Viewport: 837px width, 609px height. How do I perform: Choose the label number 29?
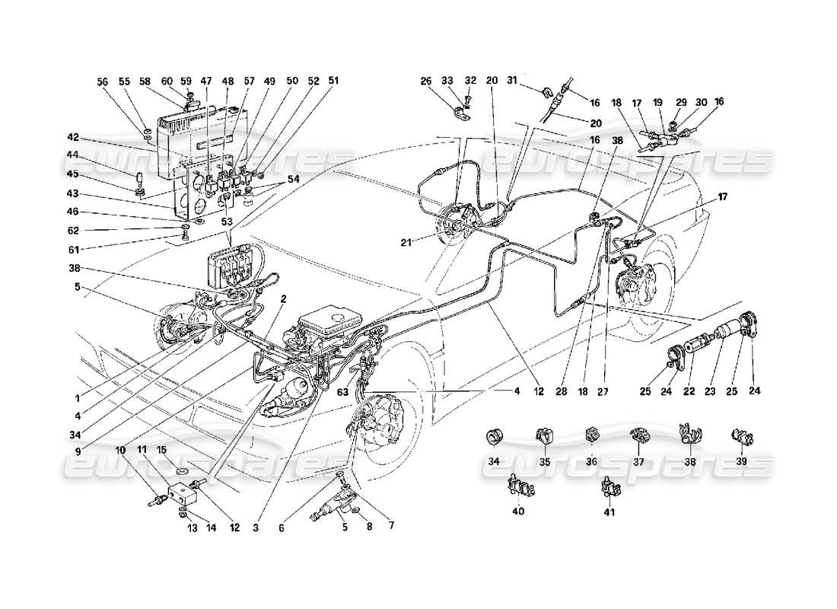coord(681,102)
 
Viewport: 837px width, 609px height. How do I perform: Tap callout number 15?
coord(160,450)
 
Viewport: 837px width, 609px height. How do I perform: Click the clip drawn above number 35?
coord(543,437)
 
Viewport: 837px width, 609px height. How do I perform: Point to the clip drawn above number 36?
coord(590,436)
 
